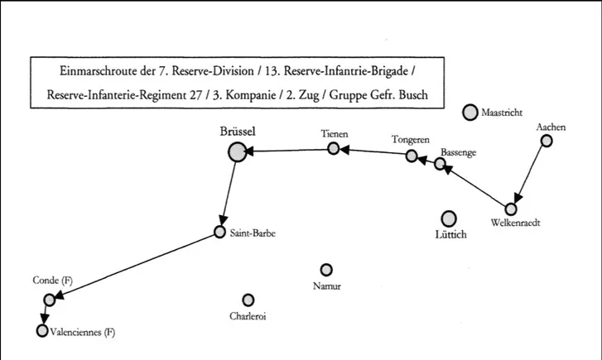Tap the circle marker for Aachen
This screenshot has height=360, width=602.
[546, 141]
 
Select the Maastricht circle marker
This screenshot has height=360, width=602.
[470, 112]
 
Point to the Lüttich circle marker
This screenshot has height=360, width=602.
[449, 218]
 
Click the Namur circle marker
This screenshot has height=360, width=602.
[326, 270]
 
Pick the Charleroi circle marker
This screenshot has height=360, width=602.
[248, 300]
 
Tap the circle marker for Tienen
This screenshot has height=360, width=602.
[333, 148]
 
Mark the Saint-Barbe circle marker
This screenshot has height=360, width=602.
[219, 232]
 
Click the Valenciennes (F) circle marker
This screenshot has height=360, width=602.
[42, 331]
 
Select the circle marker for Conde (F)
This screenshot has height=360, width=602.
[49, 300]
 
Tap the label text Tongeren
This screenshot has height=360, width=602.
[410, 140]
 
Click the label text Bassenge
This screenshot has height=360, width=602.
[458, 153]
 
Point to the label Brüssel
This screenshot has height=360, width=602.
[238, 131]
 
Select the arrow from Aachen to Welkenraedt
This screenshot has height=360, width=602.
[530, 173]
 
